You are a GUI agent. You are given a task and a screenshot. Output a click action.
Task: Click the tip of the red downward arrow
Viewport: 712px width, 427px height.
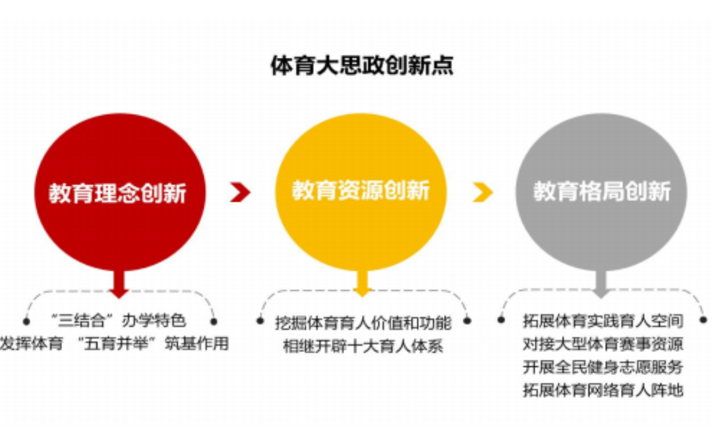click(119, 299)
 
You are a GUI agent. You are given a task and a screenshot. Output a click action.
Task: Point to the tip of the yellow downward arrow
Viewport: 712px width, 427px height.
click(362, 297)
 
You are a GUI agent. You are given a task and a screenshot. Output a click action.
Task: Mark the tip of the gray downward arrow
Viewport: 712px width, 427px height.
click(601, 298)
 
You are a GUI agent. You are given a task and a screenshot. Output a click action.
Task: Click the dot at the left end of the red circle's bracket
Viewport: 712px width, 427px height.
click(26, 322)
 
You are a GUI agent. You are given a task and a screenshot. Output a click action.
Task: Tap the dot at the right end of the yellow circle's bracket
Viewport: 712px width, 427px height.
click(467, 321)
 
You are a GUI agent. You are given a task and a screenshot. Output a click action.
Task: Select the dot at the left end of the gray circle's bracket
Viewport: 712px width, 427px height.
click(501, 320)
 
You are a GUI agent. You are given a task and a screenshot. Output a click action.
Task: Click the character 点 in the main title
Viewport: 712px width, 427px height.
click(443, 65)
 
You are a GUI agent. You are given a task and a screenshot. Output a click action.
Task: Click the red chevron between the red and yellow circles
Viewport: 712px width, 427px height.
click(240, 192)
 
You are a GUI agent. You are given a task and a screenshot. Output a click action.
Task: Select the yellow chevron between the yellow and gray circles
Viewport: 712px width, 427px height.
click(483, 192)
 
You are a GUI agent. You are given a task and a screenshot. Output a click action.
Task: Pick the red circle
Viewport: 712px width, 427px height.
click(120, 192)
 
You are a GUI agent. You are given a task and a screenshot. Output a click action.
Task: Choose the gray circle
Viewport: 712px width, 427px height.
click(601, 192)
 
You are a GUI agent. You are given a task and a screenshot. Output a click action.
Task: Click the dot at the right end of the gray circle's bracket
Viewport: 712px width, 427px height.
click(704, 320)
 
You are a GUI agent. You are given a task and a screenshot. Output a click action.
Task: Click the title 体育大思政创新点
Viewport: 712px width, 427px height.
click(362, 65)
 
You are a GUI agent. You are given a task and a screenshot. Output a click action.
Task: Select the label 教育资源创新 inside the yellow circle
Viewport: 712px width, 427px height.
click(361, 190)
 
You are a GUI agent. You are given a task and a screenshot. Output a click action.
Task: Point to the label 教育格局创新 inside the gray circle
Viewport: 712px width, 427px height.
click(602, 192)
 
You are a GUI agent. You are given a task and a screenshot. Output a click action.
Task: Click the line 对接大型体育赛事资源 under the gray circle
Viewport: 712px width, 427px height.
click(603, 344)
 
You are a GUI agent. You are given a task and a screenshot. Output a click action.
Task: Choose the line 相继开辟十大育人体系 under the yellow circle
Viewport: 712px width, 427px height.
click(363, 346)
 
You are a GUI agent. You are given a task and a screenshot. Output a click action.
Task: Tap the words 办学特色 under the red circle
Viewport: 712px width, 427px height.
click(154, 320)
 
